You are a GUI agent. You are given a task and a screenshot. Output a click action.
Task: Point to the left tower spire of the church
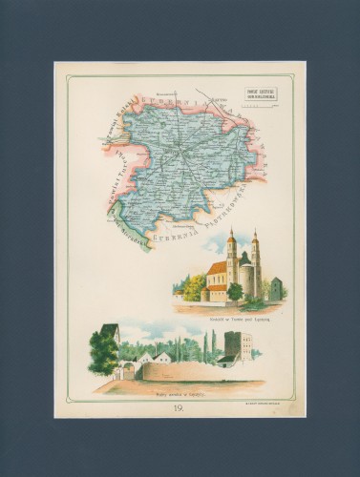click(x=231, y=236)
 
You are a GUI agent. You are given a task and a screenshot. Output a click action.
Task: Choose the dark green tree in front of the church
click(x=234, y=291)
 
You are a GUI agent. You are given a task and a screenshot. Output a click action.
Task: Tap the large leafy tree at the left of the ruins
click(x=102, y=352)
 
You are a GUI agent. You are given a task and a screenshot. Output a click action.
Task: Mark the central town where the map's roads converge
click(x=177, y=150)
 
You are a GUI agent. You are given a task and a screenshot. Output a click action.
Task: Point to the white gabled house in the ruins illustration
click(x=163, y=357)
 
